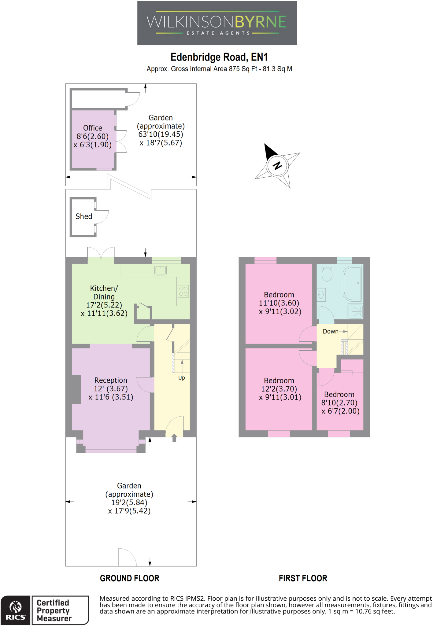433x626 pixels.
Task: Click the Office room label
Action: pyautogui.click(x=93, y=128)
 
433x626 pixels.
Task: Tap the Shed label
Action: pyautogui.click(x=84, y=216)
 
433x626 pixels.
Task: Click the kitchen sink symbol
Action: pyautogui.click(x=161, y=270)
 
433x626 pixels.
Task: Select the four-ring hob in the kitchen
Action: pyautogui.click(x=183, y=291)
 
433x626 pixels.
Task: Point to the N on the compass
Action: pyautogui.click(x=277, y=166)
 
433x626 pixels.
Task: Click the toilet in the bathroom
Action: pyautogui.click(x=327, y=273)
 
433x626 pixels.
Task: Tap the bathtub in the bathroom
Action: pyautogui.click(x=353, y=284)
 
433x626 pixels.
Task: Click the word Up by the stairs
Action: pyautogui.click(x=182, y=378)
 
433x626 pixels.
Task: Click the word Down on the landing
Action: pyautogui.click(x=331, y=331)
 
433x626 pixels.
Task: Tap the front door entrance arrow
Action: pyautogui.click(x=174, y=438)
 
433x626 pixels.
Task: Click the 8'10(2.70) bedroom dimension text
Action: pyautogui.click(x=339, y=403)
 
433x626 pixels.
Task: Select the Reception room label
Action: pyautogui.click(x=111, y=380)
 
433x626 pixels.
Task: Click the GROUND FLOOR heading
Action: pyautogui.click(x=130, y=578)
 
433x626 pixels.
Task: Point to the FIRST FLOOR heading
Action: pyautogui.click(x=303, y=578)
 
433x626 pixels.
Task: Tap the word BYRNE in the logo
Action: pyautogui.click(x=261, y=22)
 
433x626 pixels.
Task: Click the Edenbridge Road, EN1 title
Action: pyautogui.click(x=219, y=57)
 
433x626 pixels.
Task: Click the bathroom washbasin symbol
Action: pyautogui.click(x=321, y=295)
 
